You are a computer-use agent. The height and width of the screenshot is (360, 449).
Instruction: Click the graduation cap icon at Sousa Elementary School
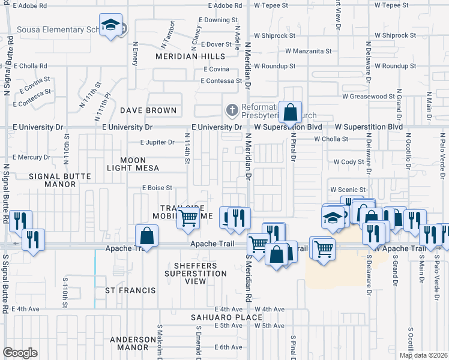pos(110,25)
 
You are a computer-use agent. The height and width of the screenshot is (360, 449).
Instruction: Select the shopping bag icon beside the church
pos(290,112)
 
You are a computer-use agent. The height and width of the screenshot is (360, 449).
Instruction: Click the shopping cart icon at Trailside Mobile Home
pos(188,219)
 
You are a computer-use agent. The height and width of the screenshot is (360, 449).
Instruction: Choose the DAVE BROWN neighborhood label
pos(148,110)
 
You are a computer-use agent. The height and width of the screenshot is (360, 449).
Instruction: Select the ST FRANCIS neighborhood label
pos(130,290)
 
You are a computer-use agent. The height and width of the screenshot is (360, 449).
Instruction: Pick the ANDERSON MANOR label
pos(129,343)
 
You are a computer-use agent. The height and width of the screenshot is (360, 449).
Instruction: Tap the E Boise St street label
pos(157,188)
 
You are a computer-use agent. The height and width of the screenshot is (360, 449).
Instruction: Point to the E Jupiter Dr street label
pos(157,143)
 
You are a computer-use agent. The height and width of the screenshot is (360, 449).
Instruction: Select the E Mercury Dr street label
pos(30,157)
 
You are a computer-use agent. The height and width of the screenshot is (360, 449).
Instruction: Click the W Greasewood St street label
pos(367,96)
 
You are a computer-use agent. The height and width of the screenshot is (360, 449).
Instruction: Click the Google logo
pos(20,353)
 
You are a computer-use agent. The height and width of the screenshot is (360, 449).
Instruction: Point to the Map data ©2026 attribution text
pos(423,355)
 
